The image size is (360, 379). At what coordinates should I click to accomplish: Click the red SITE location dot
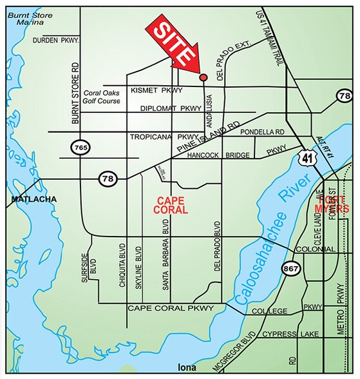pos(204,77)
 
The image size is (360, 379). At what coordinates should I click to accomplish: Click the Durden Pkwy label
pos(55,41)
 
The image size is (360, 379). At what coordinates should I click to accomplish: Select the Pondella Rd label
pos(262,132)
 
